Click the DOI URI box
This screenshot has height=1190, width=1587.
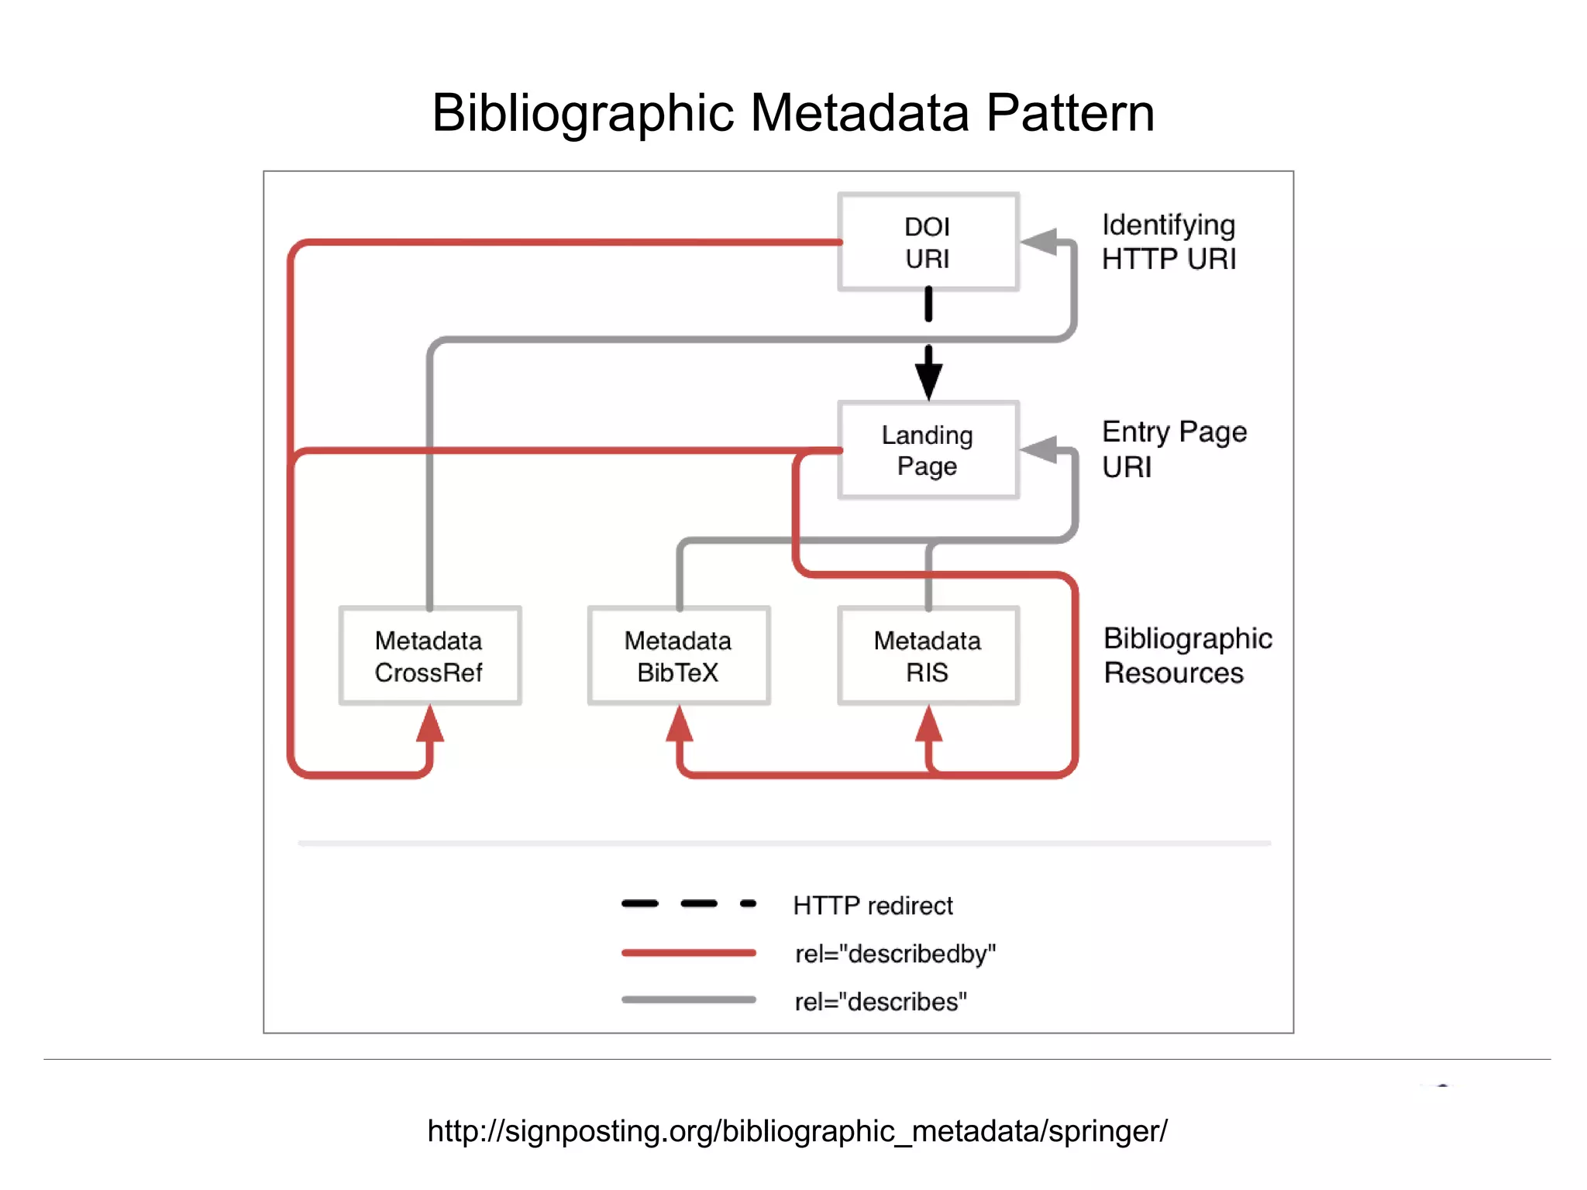click(928, 242)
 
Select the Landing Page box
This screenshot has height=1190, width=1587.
click(928, 450)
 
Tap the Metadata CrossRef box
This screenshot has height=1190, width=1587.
click(429, 656)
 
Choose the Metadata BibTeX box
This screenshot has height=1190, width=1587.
click(678, 656)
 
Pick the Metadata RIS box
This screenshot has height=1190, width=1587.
click(928, 656)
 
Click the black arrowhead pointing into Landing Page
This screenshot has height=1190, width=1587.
click(928, 379)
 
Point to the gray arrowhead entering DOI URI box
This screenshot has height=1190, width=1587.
click(1041, 241)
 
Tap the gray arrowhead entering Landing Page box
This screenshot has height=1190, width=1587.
click(1041, 449)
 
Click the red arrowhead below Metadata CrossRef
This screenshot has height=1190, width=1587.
click(430, 726)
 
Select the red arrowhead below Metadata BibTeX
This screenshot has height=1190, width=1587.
click(680, 726)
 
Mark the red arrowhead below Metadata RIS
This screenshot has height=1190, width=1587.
click(928, 726)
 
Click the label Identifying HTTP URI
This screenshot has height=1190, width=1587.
click(1169, 242)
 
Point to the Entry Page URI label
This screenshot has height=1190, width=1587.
click(1173, 449)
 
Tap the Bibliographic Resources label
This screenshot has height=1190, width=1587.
click(1187, 655)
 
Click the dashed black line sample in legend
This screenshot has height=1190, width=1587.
click(688, 903)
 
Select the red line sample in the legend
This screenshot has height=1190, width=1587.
click(688, 953)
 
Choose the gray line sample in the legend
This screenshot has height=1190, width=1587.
click(688, 1000)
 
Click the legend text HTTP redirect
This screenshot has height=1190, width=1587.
click(873, 906)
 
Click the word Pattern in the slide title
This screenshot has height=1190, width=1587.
click(1070, 113)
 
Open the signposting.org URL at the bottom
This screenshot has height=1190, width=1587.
click(797, 1131)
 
